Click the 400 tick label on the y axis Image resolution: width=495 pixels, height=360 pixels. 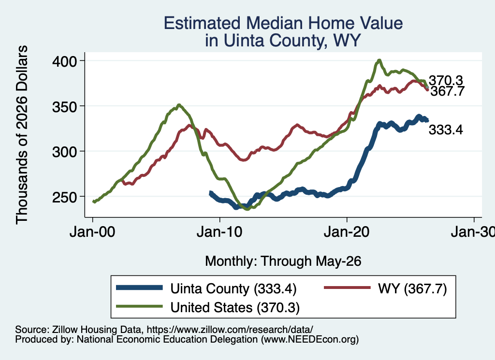coord(65,61)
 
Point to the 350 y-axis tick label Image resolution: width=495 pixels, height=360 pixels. coord(65,107)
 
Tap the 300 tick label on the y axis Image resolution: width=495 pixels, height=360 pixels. coord(65,152)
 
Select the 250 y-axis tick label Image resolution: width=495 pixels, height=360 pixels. coord(65,197)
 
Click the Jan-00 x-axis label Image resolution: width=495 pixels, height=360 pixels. coord(92,232)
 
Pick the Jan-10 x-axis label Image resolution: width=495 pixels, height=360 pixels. coord(219,232)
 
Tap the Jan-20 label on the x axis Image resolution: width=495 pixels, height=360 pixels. coord(347,232)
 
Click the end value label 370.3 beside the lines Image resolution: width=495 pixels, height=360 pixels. coord(446,80)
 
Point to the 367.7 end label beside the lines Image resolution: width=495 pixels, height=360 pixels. coord(447,91)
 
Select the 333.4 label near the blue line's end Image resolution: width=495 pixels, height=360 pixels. coord(446,130)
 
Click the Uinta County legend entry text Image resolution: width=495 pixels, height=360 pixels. coord(233,288)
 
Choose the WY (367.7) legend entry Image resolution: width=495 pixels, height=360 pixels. coord(412,288)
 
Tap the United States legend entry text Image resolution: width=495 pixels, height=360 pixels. coord(235,307)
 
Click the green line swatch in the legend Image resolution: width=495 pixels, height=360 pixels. coord(139,306)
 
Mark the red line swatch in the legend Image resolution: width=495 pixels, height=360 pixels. coord(347,288)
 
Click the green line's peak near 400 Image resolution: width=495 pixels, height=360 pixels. coord(379,60)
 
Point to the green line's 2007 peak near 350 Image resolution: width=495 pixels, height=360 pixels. coord(179,105)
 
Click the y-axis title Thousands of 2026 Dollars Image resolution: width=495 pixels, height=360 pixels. coord(22,135)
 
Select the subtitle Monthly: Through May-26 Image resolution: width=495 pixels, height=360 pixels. coord(283,261)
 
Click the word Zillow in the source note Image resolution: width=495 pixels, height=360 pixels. coord(62,330)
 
